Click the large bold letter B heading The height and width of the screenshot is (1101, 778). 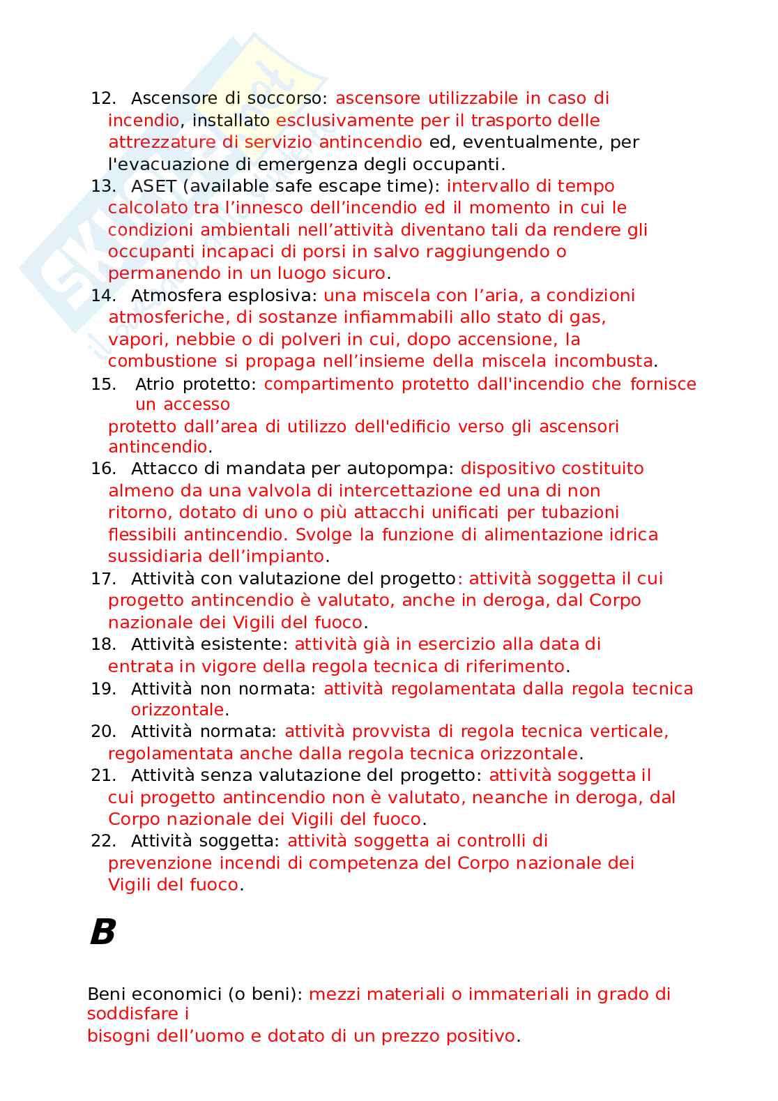point(102,932)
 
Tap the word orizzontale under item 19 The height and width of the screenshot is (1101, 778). point(178,710)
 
